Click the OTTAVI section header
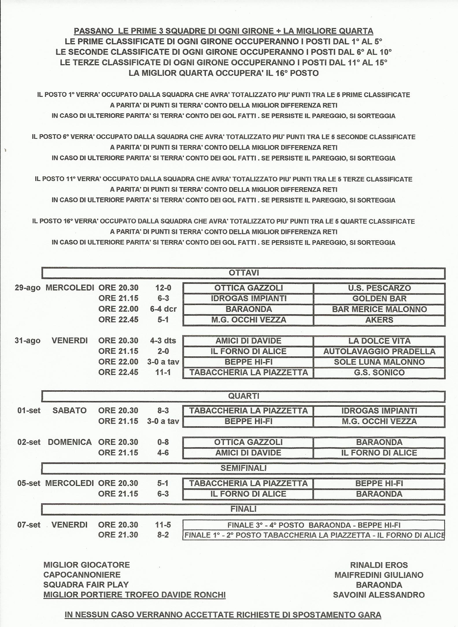pyautogui.click(x=243, y=273)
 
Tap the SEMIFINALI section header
pyautogui.click(x=243, y=468)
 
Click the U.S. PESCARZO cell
pyautogui.click(x=379, y=288)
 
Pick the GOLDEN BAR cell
pyautogui.click(x=379, y=298)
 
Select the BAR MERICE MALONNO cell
pyautogui.click(x=379, y=309)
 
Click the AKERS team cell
pyautogui.click(x=379, y=320)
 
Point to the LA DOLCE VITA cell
pyautogui.click(x=379, y=341)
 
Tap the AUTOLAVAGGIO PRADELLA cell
pyautogui.click(x=379, y=351)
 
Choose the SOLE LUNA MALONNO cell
pyautogui.click(x=379, y=362)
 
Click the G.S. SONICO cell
pyautogui.click(x=379, y=372)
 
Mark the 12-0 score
pyautogui.click(x=163, y=288)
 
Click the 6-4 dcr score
pyautogui.click(x=163, y=309)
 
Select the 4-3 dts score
pyautogui.click(x=163, y=341)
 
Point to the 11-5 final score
pyautogui.click(x=163, y=525)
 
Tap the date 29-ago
pyautogui.click(x=27, y=288)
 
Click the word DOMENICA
pyautogui.click(x=70, y=442)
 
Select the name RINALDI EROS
pyautogui.click(x=379, y=565)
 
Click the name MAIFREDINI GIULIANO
pyautogui.click(x=379, y=575)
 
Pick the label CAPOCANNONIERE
pyautogui.click(x=82, y=575)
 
